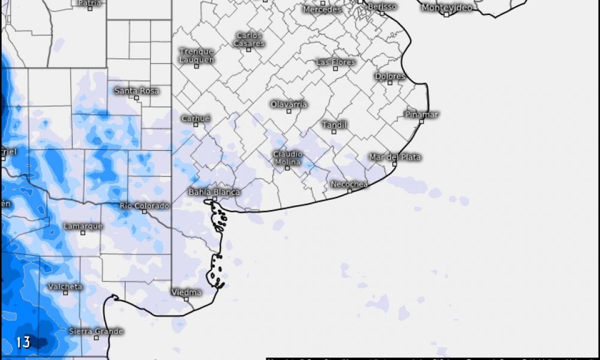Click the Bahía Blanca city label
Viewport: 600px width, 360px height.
click(214, 192)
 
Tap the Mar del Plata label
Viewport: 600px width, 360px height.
click(395, 157)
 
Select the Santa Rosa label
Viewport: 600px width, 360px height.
click(137, 91)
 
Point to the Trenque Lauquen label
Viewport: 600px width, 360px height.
click(196, 55)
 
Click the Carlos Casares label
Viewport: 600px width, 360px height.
click(248, 40)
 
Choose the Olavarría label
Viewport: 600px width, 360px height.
click(289, 104)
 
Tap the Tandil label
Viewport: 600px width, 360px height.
click(334, 125)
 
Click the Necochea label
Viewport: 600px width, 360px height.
click(349, 184)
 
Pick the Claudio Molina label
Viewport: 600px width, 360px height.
click(287, 158)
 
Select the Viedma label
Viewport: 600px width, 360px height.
click(187, 292)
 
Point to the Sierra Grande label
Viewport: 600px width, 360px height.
click(96, 331)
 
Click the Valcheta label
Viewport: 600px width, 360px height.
click(65, 287)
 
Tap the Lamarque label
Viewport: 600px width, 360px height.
click(83, 226)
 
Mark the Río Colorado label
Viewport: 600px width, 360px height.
click(144, 206)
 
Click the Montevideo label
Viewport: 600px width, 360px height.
click(446, 8)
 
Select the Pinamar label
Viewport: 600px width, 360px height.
click(422, 114)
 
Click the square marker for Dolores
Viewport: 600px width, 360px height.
click(389, 83)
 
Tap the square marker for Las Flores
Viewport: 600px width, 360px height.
click(335, 68)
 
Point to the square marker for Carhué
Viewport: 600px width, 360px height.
click(196, 125)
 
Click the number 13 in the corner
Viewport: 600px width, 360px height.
click(23, 343)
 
